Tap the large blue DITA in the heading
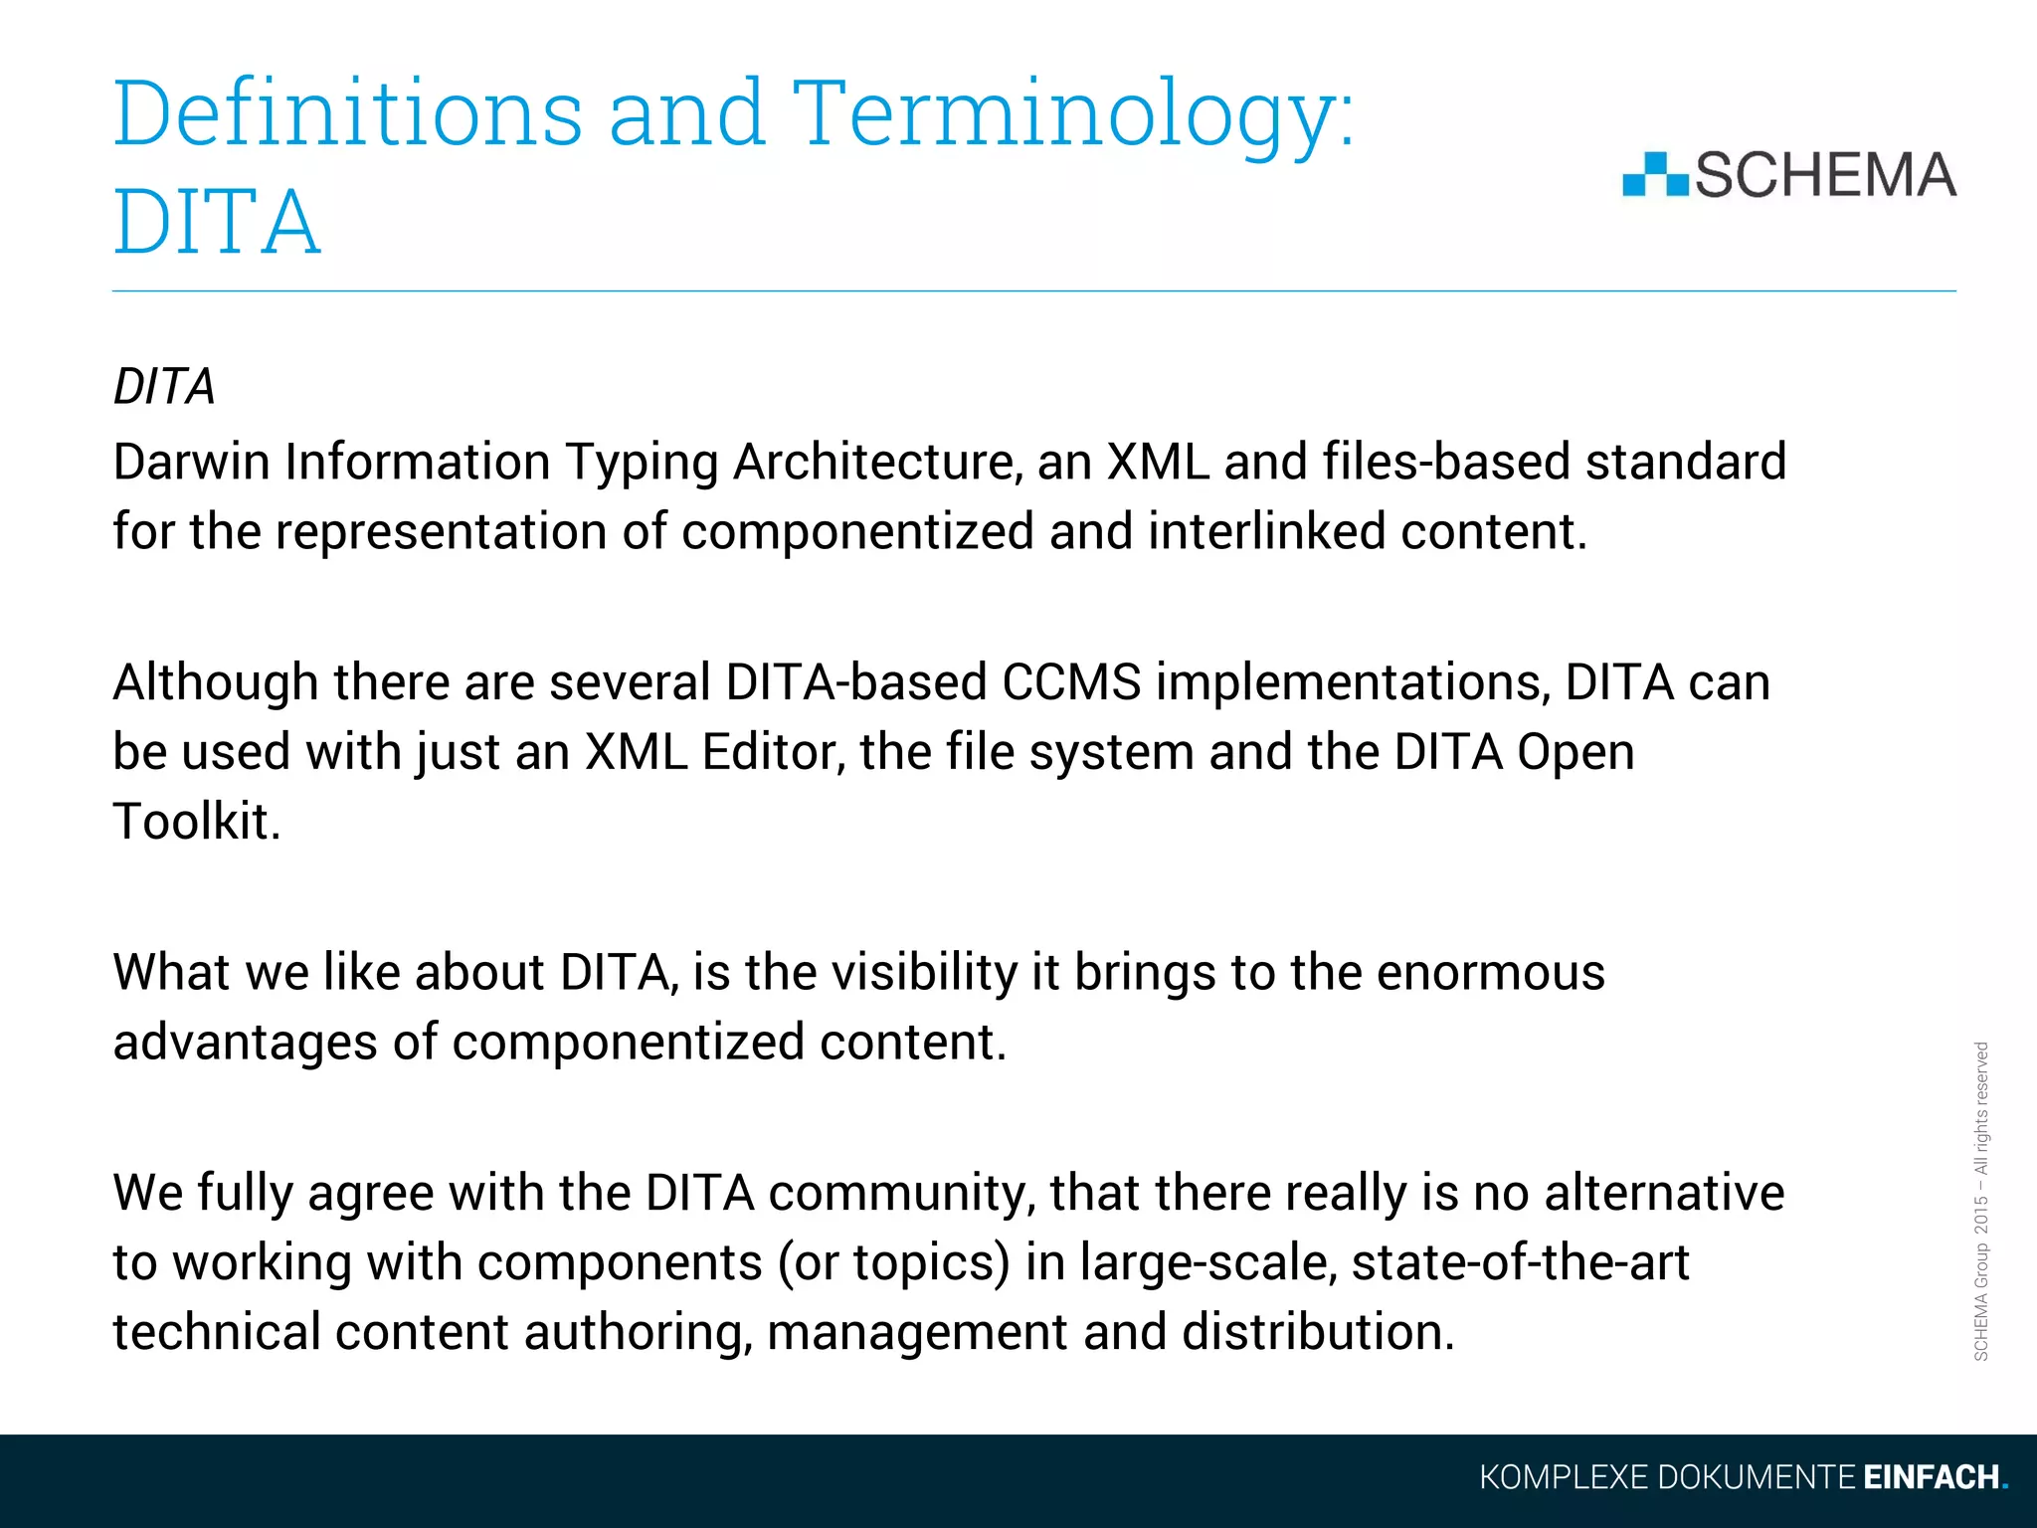217,223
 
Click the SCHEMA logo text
1825,175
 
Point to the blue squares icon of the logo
1655,175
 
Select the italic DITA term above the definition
164,386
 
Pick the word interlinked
1267,531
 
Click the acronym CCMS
1071,682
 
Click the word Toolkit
196,822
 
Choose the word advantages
245,1043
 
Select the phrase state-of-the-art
1520,1263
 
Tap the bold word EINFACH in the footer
1932,1477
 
